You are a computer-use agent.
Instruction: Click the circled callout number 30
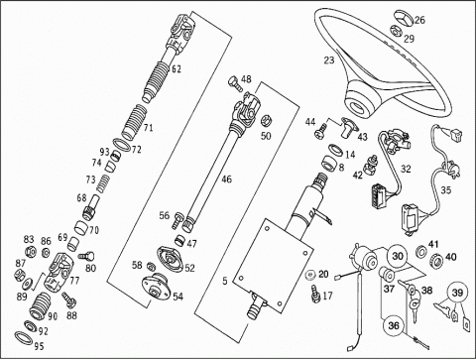point(398,256)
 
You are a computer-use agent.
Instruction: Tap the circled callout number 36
point(394,325)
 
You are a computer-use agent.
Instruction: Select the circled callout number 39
point(458,293)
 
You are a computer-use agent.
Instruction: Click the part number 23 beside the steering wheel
point(329,60)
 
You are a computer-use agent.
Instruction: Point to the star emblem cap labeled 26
point(403,18)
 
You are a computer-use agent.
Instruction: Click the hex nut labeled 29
point(396,31)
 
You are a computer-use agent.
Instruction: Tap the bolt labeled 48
point(235,83)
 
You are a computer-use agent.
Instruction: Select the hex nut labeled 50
point(266,121)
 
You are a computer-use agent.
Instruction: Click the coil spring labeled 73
point(103,183)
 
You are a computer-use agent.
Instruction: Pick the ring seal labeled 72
point(121,146)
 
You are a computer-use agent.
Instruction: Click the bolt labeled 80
point(86,256)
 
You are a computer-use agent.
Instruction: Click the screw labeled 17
point(315,294)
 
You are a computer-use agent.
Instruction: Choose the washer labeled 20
point(310,275)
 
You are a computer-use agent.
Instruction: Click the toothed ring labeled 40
point(436,260)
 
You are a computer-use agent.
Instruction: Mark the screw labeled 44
point(320,133)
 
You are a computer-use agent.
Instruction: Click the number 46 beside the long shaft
point(226,180)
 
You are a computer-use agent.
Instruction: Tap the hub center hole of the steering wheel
point(358,108)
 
